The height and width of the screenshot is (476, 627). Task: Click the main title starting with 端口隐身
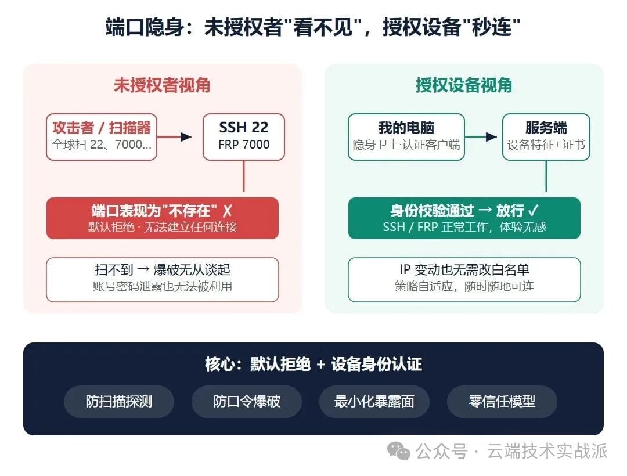pyautogui.click(x=313, y=27)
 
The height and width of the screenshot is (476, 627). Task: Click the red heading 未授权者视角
pyautogui.click(x=162, y=85)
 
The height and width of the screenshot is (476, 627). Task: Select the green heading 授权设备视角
pyautogui.click(x=464, y=85)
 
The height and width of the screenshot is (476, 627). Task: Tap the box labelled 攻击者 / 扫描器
pyautogui.click(x=102, y=137)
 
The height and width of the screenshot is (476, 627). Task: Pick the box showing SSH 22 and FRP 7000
pyautogui.click(x=244, y=137)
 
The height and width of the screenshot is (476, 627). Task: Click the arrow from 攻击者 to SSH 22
pyautogui.click(x=174, y=137)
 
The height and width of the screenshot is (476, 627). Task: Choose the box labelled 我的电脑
pyautogui.click(x=406, y=137)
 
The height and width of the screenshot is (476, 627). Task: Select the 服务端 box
pyautogui.click(x=546, y=137)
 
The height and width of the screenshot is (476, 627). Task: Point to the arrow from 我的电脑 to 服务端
pyautogui.click(x=481, y=137)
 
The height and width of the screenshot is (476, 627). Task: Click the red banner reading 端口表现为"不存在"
pyautogui.click(x=163, y=218)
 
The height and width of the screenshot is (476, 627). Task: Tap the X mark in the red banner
pyautogui.click(x=228, y=211)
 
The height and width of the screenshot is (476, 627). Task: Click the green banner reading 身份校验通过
pyautogui.click(x=464, y=218)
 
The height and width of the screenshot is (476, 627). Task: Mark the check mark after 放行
pyautogui.click(x=534, y=210)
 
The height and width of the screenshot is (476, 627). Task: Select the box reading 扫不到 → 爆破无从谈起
pyautogui.click(x=163, y=280)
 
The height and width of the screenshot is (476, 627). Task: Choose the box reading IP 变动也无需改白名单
pyautogui.click(x=464, y=280)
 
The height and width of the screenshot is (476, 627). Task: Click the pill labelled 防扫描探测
pyautogui.click(x=119, y=401)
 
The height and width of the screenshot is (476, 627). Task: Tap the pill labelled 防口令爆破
pyautogui.click(x=247, y=401)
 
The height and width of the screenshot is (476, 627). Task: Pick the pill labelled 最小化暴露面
pyautogui.click(x=374, y=401)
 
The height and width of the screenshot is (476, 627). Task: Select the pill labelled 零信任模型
pyautogui.click(x=502, y=401)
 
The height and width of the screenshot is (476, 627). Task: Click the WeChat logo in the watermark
pyautogui.click(x=399, y=451)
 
